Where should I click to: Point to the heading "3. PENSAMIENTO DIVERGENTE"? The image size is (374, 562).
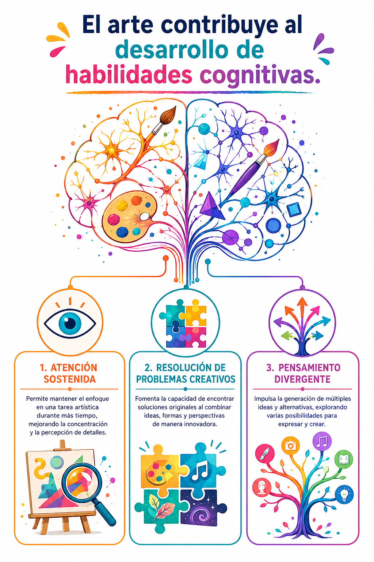pyautogui.click(x=303, y=373)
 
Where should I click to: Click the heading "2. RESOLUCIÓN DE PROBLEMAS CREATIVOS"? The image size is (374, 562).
pyautogui.click(x=186, y=373)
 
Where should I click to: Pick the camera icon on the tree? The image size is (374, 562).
pyautogui.click(x=290, y=445)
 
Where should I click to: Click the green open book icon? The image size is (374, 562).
pyautogui.click(x=344, y=459)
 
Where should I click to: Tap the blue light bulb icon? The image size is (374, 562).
pyautogui.click(x=344, y=494)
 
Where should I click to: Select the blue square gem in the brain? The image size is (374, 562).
pyautogui.click(x=294, y=209)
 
